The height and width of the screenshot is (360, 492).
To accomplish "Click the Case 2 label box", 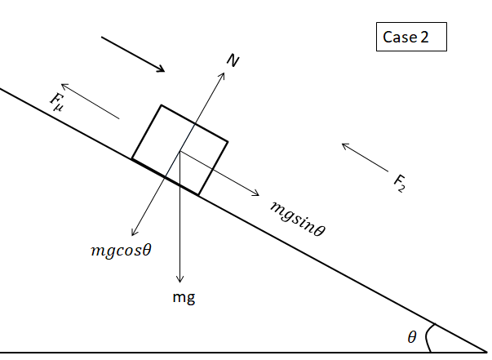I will point(411,37).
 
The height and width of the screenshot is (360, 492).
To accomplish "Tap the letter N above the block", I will point(233,60).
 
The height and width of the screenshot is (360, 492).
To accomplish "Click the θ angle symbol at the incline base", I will point(411,337).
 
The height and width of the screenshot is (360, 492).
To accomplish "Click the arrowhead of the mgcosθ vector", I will point(135,234).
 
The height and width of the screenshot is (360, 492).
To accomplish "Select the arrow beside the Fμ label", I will point(90,101).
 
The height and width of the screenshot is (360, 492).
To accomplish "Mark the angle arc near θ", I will point(430,336).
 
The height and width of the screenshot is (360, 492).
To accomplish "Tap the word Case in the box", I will point(401,37).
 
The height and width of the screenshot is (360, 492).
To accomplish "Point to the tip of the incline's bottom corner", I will point(486,352).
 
